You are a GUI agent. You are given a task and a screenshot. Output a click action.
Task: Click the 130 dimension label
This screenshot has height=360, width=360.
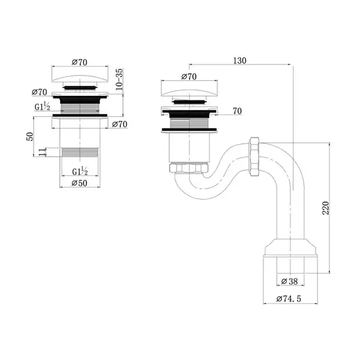(239, 61)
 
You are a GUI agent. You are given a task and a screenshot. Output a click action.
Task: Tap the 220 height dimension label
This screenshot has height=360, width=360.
(326, 208)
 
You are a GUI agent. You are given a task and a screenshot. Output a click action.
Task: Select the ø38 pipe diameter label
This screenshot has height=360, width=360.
(289, 281)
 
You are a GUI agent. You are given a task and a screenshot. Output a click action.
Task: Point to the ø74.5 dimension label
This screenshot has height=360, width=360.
(289, 299)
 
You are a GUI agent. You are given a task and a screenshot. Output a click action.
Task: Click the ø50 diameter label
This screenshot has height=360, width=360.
(79, 183)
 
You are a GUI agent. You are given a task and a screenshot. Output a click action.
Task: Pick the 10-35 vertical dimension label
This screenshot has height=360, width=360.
(119, 79)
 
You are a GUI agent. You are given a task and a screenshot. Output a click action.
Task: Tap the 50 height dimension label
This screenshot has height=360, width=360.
(30, 137)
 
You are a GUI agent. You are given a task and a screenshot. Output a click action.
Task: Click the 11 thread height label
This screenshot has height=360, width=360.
(42, 152)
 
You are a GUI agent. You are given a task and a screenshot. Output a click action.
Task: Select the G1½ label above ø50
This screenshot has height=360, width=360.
(80, 171)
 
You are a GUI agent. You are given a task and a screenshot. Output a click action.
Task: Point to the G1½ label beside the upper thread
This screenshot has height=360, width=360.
(42, 107)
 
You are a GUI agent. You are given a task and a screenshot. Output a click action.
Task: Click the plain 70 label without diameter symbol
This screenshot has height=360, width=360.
(237, 111)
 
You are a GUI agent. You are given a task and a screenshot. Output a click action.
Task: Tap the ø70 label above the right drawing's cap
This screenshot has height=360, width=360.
(189, 76)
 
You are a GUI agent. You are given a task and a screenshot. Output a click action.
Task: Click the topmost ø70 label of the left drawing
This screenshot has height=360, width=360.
(79, 62)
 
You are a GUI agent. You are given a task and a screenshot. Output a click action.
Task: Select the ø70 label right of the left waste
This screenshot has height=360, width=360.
(119, 124)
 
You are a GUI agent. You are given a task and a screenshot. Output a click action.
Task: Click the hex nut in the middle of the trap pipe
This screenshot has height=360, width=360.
(254, 157)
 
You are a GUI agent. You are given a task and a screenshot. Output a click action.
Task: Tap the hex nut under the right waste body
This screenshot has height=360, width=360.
(188, 167)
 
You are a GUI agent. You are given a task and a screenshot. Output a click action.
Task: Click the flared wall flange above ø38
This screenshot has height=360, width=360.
(290, 248)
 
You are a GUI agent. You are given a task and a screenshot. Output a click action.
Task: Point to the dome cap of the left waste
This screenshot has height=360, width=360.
(80, 79)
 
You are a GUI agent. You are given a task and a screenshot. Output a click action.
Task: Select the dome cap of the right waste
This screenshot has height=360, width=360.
(189, 93)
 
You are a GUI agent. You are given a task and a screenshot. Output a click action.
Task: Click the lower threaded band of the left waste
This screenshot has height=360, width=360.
(80, 152)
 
